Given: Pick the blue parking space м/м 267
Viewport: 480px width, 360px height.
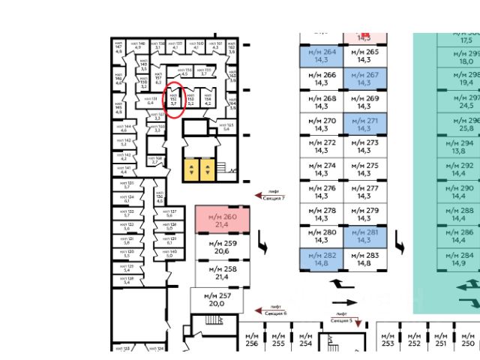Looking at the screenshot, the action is point(364,79).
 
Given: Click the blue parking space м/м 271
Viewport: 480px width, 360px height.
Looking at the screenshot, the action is point(364,124).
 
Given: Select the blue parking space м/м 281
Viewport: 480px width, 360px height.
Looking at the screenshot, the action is point(364,236).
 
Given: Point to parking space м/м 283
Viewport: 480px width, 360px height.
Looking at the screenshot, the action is point(364,259).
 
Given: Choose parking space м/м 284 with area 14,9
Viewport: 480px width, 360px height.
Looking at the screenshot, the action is point(462,259).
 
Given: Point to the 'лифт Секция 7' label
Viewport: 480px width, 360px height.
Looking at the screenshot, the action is point(271,195).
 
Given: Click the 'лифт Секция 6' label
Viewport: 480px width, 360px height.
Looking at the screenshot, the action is point(271,310).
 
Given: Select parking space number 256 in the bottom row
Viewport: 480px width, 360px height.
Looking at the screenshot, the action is point(251,338).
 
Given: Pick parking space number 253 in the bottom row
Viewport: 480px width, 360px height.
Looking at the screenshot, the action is point(387,338).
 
